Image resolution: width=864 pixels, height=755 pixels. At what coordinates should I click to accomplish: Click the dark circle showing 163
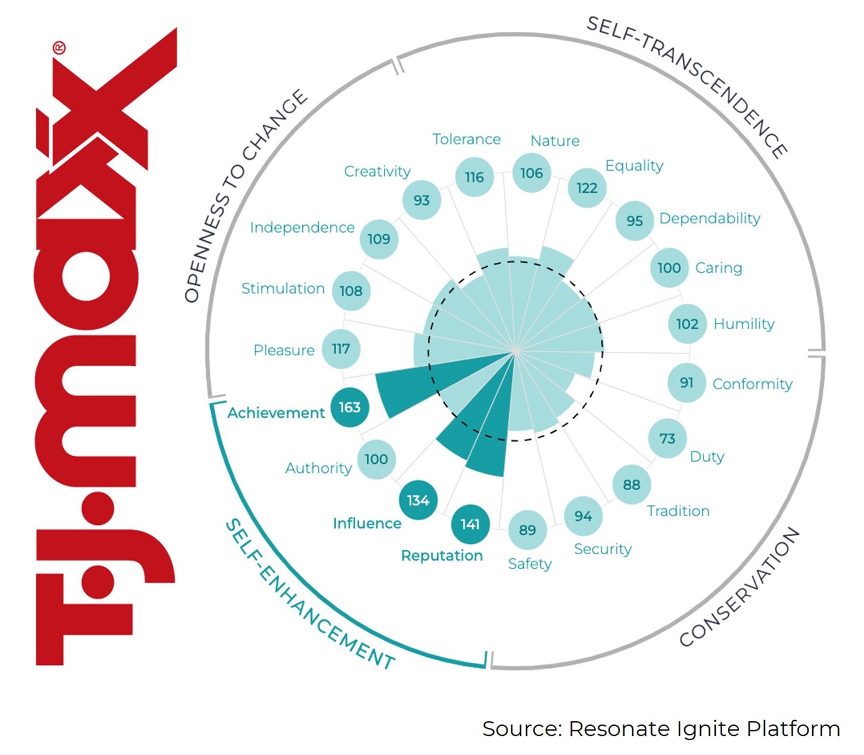[350, 407]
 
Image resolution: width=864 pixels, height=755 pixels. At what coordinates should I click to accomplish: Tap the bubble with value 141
[470, 524]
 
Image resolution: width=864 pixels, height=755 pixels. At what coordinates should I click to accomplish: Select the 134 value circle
[418, 501]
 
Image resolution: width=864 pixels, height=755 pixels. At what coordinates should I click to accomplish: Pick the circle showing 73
[667, 438]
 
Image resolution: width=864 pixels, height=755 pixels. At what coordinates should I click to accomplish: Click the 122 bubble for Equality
[587, 188]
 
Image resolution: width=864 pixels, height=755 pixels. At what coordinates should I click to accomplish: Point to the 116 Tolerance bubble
[474, 178]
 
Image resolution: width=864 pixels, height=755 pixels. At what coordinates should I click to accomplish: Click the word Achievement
[276, 413]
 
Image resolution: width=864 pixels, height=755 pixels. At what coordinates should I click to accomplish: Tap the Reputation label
[442, 555]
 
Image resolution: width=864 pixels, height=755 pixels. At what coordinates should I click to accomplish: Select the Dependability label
[710, 218]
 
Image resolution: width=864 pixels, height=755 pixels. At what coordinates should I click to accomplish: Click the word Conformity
[752, 384]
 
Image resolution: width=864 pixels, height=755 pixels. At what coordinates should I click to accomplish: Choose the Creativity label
[377, 171]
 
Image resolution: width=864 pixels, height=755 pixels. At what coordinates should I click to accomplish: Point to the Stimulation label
[283, 288]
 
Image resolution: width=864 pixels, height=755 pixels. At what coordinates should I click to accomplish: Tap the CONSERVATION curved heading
[740, 588]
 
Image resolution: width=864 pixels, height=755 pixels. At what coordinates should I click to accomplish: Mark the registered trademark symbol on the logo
[59, 48]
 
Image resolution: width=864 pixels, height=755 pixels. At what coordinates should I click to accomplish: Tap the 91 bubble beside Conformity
[687, 383]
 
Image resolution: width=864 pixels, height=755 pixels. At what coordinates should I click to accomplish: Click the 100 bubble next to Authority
[376, 459]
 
